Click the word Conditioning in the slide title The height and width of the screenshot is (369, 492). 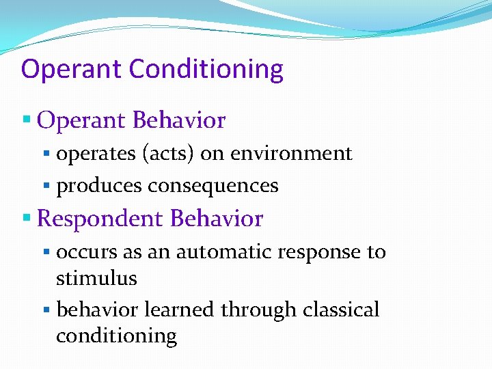pos(206,70)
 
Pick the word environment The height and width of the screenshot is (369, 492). pos(291,154)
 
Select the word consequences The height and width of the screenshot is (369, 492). pos(213,186)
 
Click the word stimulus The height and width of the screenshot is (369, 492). pos(96,279)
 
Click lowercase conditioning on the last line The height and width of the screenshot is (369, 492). pos(116,336)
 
